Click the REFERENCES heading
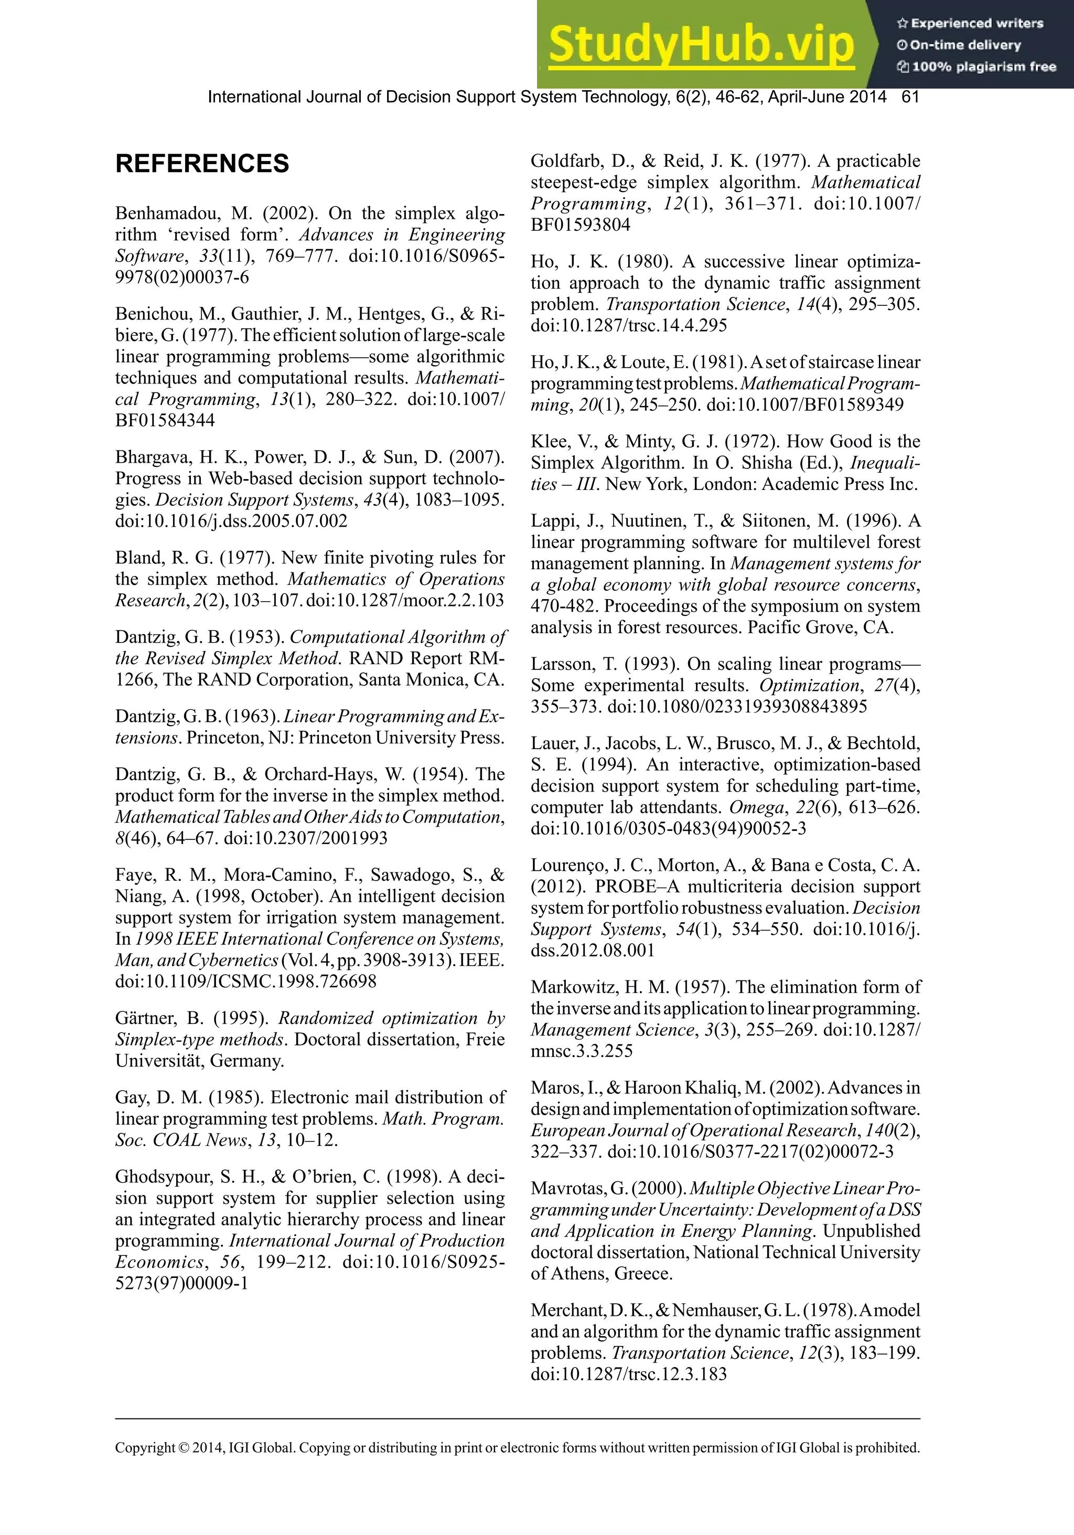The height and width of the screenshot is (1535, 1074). point(202,164)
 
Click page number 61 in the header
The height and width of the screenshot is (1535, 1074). point(910,97)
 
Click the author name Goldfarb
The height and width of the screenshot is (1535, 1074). point(573,161)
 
